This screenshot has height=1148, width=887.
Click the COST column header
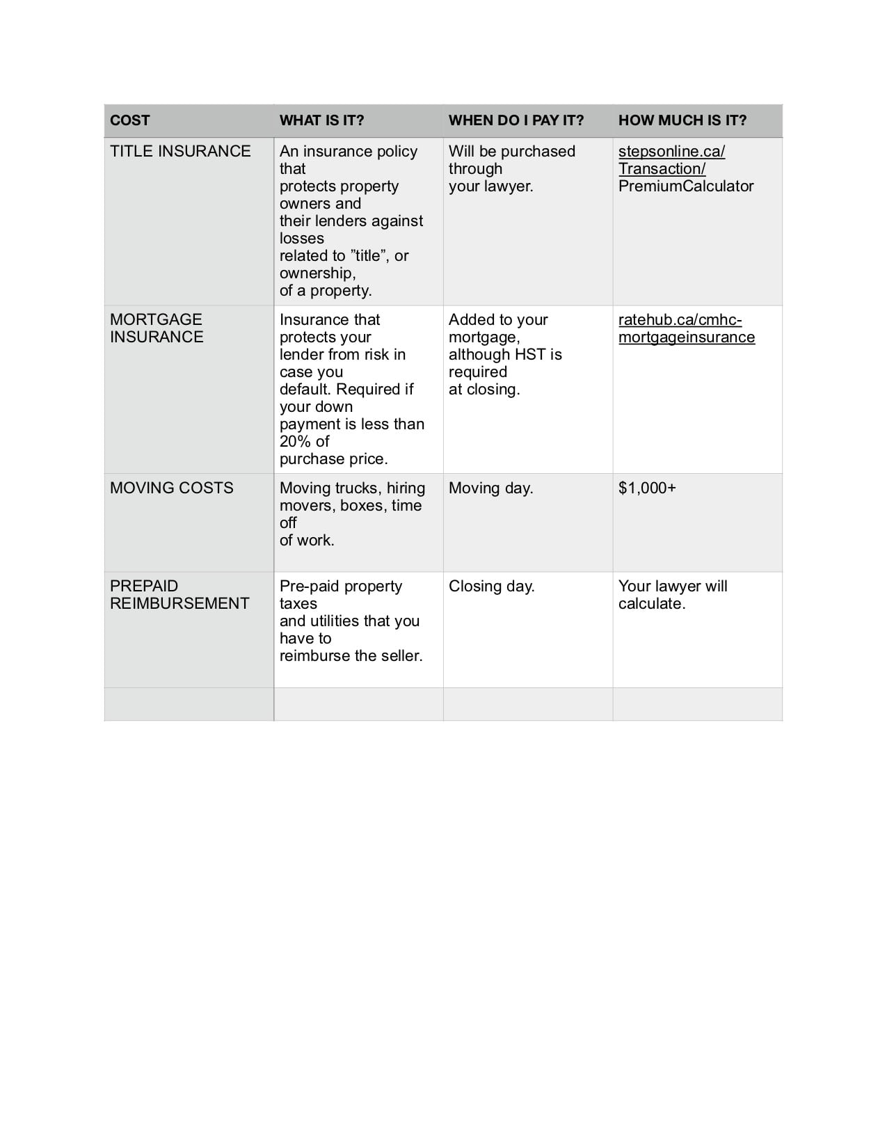(x=130, y=120)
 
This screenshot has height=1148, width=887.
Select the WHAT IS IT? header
(x=321, y=120)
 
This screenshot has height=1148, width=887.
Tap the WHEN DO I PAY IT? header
(x=516, y=120)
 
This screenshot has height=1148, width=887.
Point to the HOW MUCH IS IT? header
(x=682, y=120)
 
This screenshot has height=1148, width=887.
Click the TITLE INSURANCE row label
(x=180, y=152)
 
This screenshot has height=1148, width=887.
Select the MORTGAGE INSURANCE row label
(x=157, y=328)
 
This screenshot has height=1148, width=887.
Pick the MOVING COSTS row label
(x=171, y=488)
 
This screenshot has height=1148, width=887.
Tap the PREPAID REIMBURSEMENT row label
(x=179, y=595)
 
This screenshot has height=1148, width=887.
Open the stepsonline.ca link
(x=671, y=152)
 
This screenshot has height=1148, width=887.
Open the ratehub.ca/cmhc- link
(x=680, y=320)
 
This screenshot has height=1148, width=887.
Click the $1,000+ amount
(x=647, y=488)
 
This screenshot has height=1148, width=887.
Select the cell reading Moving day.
(x=490, y=488)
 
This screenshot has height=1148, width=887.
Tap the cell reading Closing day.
(x=491, y=586)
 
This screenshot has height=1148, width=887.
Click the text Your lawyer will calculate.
(x=672, y=595)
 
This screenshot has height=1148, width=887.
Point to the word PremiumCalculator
(x=686, y=186)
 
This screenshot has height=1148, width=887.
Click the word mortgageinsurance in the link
(x=686, y=337)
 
